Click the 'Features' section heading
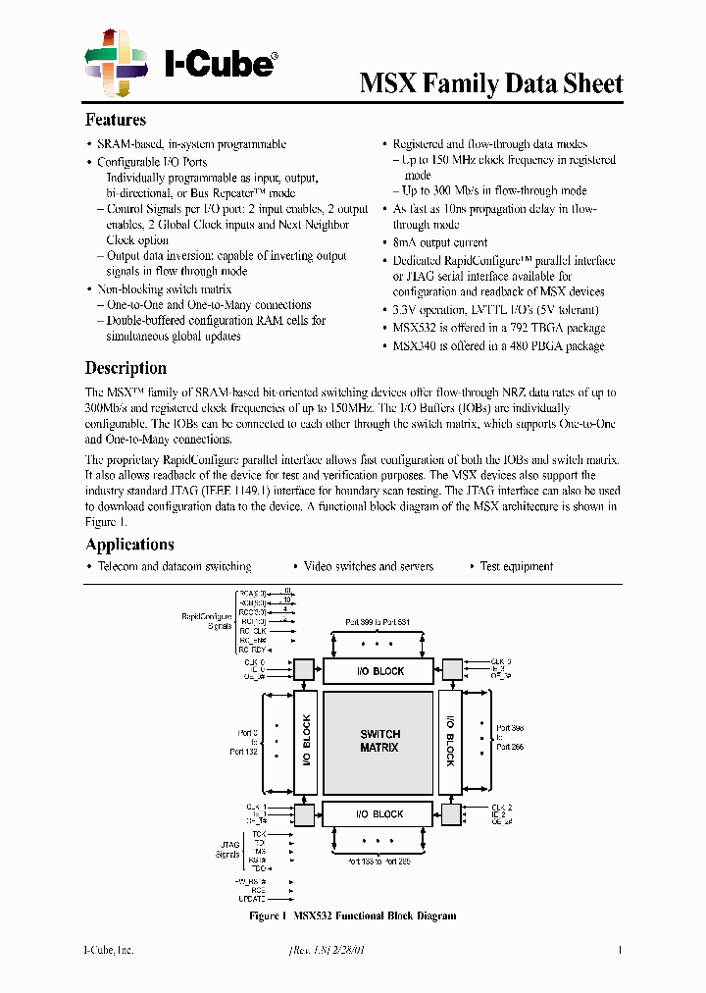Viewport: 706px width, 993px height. click(x=116, y=121)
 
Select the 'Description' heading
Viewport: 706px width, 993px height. click(x=126, y=368)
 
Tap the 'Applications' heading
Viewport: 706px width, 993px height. click(x=129, y=545)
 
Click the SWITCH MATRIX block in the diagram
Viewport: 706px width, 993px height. click(x=378, y=741)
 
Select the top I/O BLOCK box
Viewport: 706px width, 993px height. click(x=378, y=671)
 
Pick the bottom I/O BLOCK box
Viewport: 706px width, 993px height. click(x=378, y=813)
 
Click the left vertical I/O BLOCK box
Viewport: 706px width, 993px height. click(x=305, y=741)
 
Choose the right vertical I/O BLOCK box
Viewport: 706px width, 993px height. click(x=451, y=741)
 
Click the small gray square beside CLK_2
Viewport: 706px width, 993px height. click(x=451, y=813)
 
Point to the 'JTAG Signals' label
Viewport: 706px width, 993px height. click(x=227, y=849)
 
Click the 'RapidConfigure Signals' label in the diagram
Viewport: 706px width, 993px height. click(x=207, y=620)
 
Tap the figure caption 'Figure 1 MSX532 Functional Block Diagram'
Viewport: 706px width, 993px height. click(x=353, y=916)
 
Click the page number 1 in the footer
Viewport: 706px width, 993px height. click(x=620, y=950)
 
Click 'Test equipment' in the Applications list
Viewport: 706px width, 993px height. click(x=516, y=567)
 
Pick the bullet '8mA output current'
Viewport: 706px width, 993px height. click(x=440, y=242)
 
